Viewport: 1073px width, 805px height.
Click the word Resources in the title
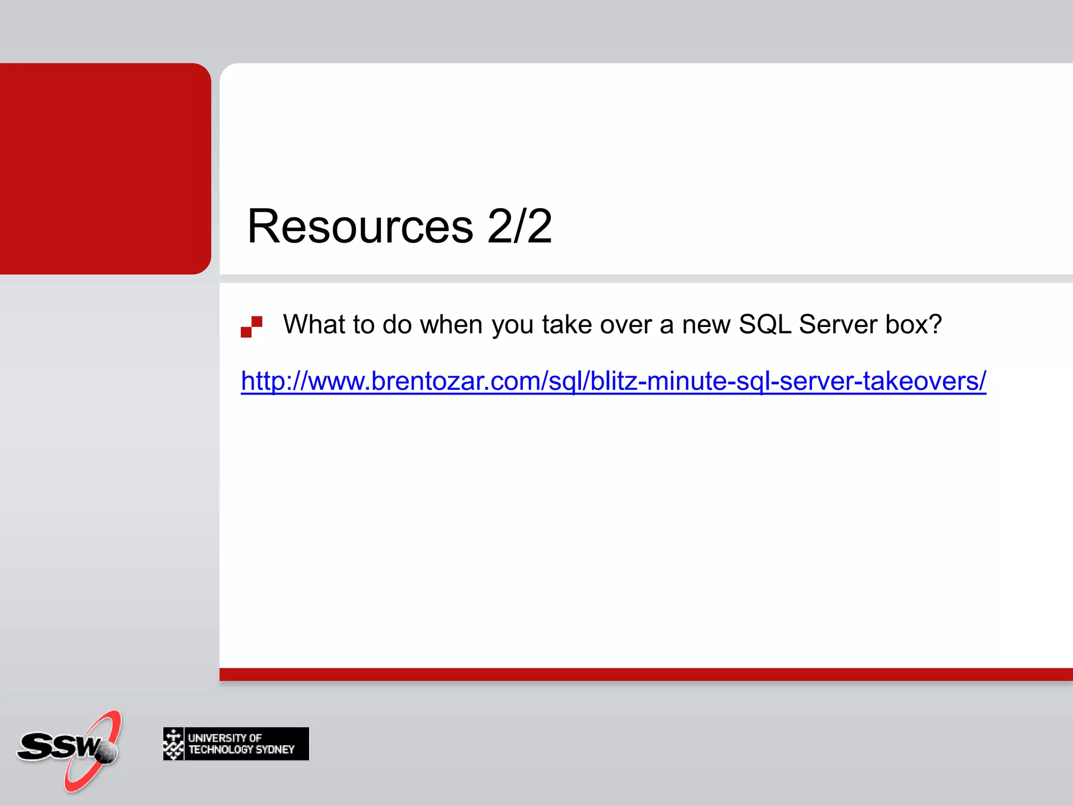pyautogui.click(x=360, y=226)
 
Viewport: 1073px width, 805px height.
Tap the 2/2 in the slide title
pyautogui.click(x=519, y=226)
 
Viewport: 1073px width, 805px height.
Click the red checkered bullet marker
pyautogui.click(x=251, y=327)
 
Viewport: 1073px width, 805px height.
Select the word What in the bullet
pyautogui.click(x=313, y=324)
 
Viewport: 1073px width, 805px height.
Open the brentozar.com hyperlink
pyautogui.click(x=613, y=381)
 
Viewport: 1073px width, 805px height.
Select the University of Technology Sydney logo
pyautogui.click(x=236, y=744)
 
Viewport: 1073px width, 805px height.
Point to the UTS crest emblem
pyautogui.click(x=173, y=744)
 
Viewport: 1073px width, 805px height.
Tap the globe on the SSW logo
pyautogui.click(x=107, y=752)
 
